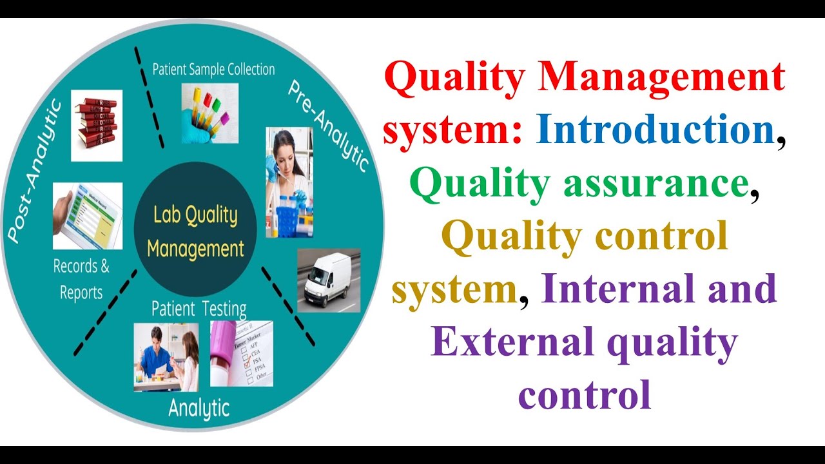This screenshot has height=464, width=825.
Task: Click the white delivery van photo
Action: [329, 281]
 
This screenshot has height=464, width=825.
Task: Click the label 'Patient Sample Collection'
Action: [213, 70]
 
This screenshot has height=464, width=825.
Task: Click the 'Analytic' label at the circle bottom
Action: [199, 407]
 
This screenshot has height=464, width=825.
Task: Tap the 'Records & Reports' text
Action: [82, 279]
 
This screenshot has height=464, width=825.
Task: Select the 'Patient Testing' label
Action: [199, 309]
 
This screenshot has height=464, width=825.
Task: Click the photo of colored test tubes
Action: [209, 113]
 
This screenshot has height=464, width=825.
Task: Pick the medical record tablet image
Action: [88, 215]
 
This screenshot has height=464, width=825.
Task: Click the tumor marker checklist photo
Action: [242, 353]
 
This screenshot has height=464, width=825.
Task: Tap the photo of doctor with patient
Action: [166, 357]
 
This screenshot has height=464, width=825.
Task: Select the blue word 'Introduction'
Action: [655, 130]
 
